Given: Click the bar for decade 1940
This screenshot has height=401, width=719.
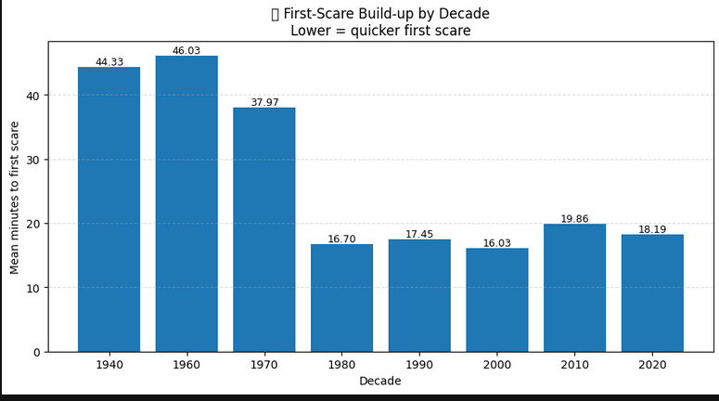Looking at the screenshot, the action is [109, 209].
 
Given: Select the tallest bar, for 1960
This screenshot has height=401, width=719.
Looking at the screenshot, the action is [186, 203].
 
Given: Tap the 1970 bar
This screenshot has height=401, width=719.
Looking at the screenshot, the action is [264, 230].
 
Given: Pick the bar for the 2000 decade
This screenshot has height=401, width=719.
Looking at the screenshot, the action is [497, 300].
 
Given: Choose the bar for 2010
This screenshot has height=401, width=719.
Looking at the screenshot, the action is [574, 288].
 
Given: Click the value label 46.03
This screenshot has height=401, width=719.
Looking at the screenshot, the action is [186, 50].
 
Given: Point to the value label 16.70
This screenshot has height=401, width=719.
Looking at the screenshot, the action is [341, 239].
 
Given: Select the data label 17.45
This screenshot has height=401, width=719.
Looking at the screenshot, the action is [419, 234].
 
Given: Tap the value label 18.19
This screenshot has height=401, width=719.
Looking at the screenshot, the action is [652, 229].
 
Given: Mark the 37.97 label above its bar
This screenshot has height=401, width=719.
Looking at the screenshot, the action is [264, 102].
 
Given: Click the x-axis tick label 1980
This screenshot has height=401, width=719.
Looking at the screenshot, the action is [341, 365].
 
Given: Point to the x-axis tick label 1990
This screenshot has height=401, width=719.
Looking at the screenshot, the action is [419, 365].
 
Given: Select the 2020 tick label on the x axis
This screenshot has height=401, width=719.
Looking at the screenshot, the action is [652, 365].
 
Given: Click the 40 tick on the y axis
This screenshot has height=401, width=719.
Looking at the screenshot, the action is [33, 96].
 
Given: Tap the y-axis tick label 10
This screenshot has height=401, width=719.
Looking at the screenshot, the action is [33, 288].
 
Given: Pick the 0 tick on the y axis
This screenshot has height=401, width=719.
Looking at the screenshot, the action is [37, 353].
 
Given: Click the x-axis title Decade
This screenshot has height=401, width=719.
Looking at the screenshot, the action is [380, 381].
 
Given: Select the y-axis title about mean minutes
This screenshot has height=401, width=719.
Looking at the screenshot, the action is [14, 198].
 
